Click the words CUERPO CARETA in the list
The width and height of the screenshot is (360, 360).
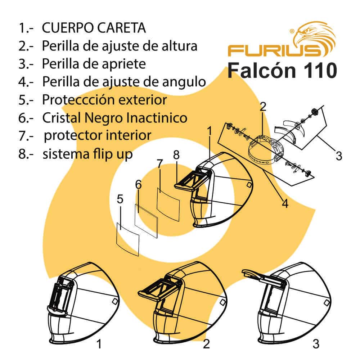pyautogui.click(x=94, y=28)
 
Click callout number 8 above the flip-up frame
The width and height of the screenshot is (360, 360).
pyautogui.click(x=176, y=155)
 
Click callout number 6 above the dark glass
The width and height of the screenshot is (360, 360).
pyautogui.click(x=139, y=185)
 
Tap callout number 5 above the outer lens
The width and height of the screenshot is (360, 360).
pyautogui.click(x=120, y=199)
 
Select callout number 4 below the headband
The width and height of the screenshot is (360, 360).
pyautogui.click(x=285, y=204)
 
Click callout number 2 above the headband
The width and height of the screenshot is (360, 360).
pyautogui.click(x=263, y=107)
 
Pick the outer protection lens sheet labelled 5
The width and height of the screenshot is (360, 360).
pyautogui.click(x=128, y=239)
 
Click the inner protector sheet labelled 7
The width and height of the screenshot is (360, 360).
pyautogui.click(x=168, y=204)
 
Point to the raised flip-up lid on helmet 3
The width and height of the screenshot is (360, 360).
pyautogui.click(x=256, y=274)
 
